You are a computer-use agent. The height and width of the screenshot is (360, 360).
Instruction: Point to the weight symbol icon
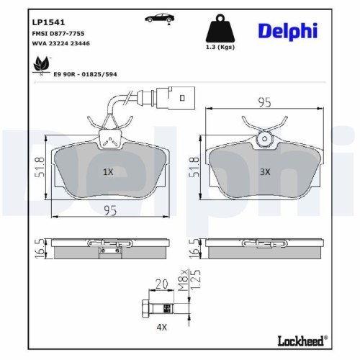click(x=221, y=29)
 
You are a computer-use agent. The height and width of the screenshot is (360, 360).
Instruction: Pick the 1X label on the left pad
click(x=108, y=172)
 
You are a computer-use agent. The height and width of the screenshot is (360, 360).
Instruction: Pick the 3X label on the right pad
click(x=264, y=172)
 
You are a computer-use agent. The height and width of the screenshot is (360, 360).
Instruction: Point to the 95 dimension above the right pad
click(x=264, y=103)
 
